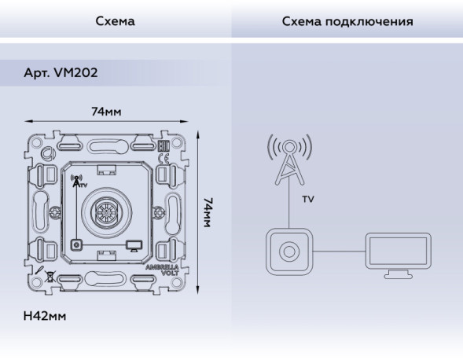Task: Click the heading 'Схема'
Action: [115, 21]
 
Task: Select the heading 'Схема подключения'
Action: [347, 21]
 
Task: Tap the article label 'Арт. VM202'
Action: [61, 73]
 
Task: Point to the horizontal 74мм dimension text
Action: [106, 112]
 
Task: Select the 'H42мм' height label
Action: [45, 316]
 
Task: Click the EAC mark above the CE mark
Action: [164, 146]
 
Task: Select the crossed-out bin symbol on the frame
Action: [51, 277]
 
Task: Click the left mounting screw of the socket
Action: [55, 211]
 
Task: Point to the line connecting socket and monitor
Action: [339, 252]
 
